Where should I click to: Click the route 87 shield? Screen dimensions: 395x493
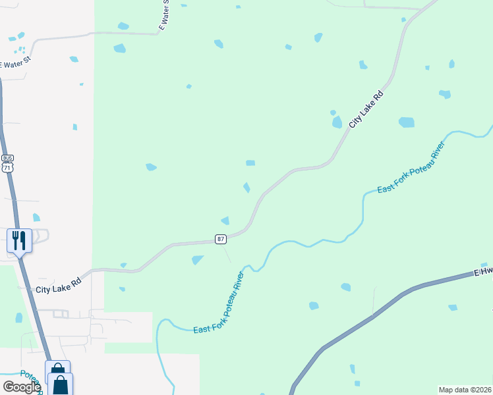tap(221, 238)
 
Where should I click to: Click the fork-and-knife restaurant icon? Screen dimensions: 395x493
tap(19, 240)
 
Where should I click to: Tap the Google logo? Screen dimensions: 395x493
tap(22, 386)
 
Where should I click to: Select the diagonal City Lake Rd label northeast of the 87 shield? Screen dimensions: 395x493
tap(366, 109)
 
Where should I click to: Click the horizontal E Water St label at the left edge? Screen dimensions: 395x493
tap(16, 64)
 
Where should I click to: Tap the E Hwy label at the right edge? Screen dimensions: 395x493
tap(483, 272)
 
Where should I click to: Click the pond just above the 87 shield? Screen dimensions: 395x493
tap(225, 221)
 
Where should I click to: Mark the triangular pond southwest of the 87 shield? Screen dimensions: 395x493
tap(197, 260)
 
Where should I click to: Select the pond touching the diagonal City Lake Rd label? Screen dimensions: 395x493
tap(337, 122)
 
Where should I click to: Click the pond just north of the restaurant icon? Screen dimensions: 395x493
tap(36, 217)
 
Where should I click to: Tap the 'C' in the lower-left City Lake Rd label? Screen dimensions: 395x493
tap(39, 290)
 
